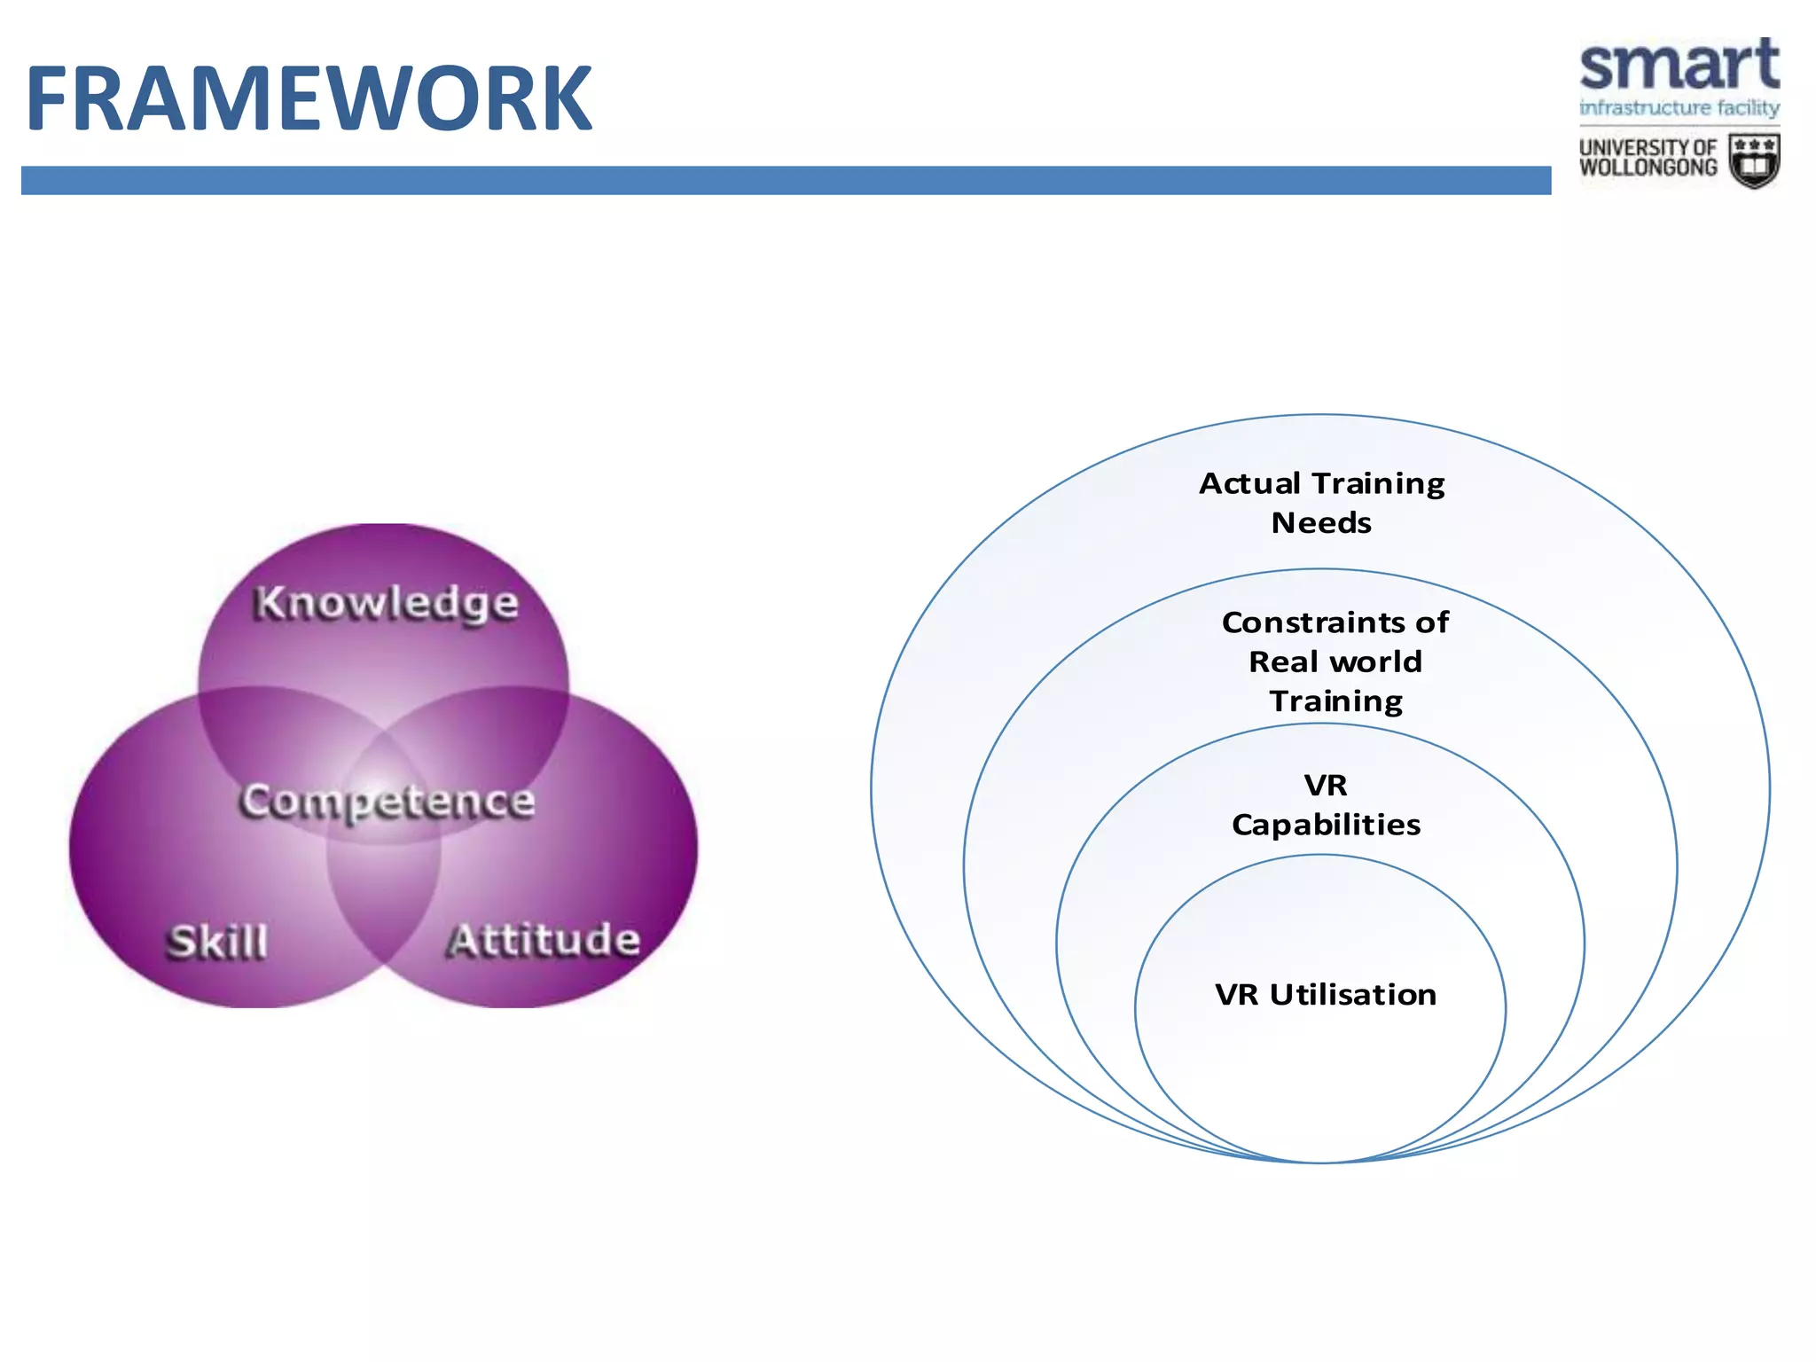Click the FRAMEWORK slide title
click(309, 98)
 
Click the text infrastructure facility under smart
click(1679, 108)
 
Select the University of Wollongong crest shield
click(1754, 160)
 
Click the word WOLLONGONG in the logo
click(1648, 168)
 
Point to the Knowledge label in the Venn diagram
click(386, 604)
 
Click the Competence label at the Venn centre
click(387, 802)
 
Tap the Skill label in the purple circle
click(217, 942)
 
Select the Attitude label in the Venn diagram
click(543, 940)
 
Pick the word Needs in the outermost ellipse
click(1321, 523)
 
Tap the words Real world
click(1335, 661)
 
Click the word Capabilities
click(1326, 826)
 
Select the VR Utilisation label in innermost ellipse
click(1326, 995)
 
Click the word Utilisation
click(1352, 995)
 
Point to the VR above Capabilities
click(1326, 786)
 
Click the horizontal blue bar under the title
click(786, 180)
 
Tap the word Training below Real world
click(1336, 701)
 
